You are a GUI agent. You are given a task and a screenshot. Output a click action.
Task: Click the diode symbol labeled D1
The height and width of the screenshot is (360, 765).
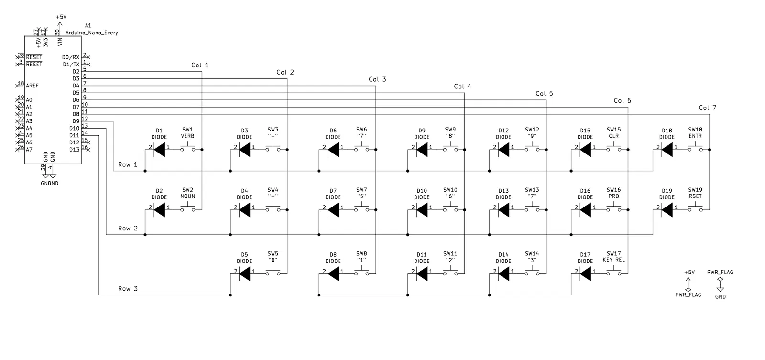tap(159, 150)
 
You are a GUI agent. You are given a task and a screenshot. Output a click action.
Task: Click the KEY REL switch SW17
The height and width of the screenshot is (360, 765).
tap(613, 273)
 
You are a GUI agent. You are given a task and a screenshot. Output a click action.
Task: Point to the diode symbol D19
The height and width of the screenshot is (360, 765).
tap(667, 209)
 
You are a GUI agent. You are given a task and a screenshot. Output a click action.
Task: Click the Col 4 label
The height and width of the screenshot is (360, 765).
tap(462, 87)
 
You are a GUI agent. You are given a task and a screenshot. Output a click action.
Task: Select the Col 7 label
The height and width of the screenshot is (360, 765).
tap(708, 108)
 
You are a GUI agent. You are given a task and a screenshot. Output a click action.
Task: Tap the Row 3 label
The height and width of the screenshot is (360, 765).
tap(128, 289)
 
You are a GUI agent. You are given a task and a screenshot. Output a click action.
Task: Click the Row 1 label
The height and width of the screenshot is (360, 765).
tap(128, 165)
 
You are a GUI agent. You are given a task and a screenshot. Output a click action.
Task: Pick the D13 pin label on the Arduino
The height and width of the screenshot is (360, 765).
tap(74, 150)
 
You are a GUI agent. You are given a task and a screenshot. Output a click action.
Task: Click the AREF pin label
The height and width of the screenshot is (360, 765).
tap(33, 86)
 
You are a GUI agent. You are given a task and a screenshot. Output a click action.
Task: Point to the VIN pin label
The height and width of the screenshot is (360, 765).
tap(60, 42)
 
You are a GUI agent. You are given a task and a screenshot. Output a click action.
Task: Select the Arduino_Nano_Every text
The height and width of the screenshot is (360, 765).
tap(91, 33)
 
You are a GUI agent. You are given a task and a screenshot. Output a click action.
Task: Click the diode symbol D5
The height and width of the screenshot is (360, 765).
tap(244, 274)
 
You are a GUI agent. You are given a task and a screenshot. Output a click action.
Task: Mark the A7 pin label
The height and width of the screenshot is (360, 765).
tap(29, 150)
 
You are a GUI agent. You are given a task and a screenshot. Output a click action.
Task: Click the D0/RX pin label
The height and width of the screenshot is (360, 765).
tap(71, 57)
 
